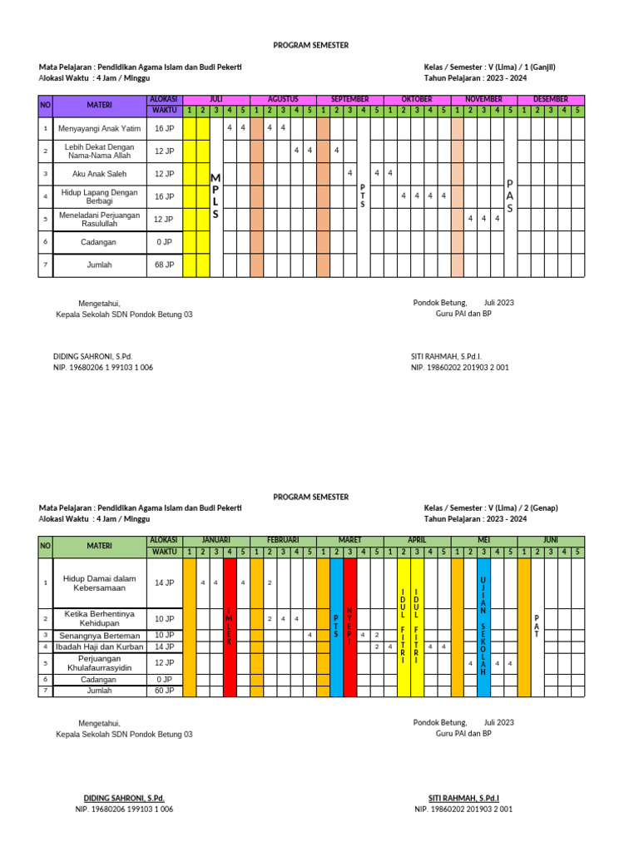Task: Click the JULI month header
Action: [215, 99]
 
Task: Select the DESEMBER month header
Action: [551, 99]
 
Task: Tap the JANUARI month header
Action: [215, 539]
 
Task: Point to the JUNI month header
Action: [551, 539]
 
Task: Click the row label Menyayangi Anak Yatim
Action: [99, 128]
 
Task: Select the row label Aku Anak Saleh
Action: [99, 174]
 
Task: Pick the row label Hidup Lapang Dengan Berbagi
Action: [99, 196]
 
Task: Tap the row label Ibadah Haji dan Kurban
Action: [99, 646]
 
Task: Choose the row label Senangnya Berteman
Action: [99, 635]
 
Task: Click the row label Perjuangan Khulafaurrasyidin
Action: [99, 662]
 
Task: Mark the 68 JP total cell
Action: [164, 265]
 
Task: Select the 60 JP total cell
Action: [164, 691]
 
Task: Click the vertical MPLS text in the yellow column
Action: [215, 196]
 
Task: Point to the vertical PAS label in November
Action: [510, 196]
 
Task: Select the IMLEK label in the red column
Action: [229, 627]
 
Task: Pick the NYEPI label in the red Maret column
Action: [349, 626]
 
